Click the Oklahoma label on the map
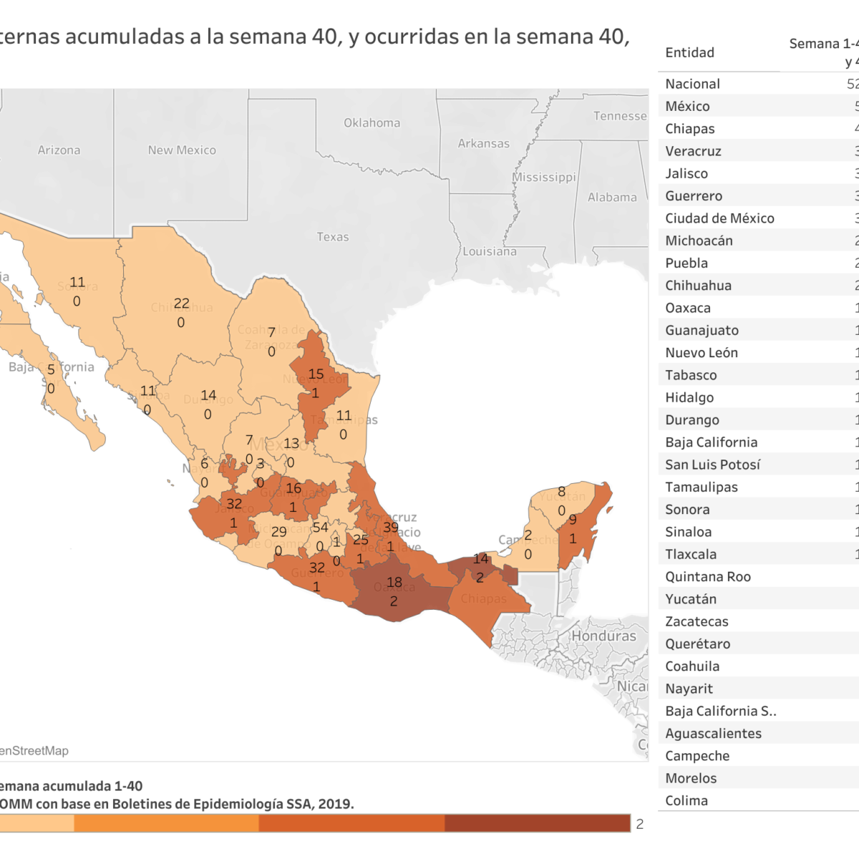point(372,123)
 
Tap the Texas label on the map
point(333,237)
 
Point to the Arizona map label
point(59,150)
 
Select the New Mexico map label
point(182,150)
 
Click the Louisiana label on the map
point(490,251)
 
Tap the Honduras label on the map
point(603,636)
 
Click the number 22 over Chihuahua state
point(182,304)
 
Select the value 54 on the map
point(320,528)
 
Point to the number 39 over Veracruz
point(391,528)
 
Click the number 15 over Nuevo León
point(316,374)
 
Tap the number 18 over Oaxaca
point(394,583)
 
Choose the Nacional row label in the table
point(692,84)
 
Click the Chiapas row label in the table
point(689,129)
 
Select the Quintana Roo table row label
point(707,577)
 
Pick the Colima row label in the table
point(686,801)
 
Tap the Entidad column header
point(689,52)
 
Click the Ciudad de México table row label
point(719,218)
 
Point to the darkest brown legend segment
point(537,823)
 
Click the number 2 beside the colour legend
point(640,824)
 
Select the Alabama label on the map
point(612,198)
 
